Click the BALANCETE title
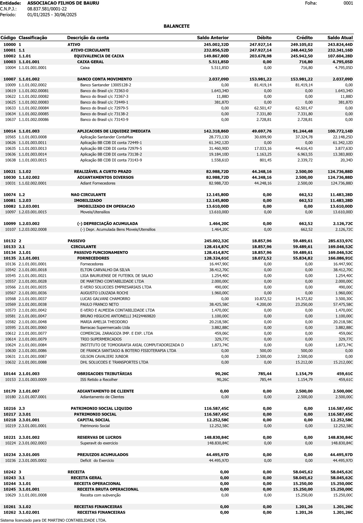point(176,26)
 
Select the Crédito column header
point(304,38)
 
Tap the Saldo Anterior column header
point(213,38)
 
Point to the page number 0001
point(348,3)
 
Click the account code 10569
point(10,304)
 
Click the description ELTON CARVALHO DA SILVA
point(105,270)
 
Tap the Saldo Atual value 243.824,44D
point(340,44)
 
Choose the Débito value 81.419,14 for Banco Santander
point(261,85)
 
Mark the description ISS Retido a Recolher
point(99,379)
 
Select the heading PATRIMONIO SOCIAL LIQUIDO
point(101,408)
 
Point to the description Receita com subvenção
point(100,495)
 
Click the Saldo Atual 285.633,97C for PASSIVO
point(340,241)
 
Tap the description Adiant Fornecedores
point(98,183)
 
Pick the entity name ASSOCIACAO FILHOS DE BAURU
point(63,3)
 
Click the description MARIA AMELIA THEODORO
point(104,322)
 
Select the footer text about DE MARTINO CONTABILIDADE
point(53,520)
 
